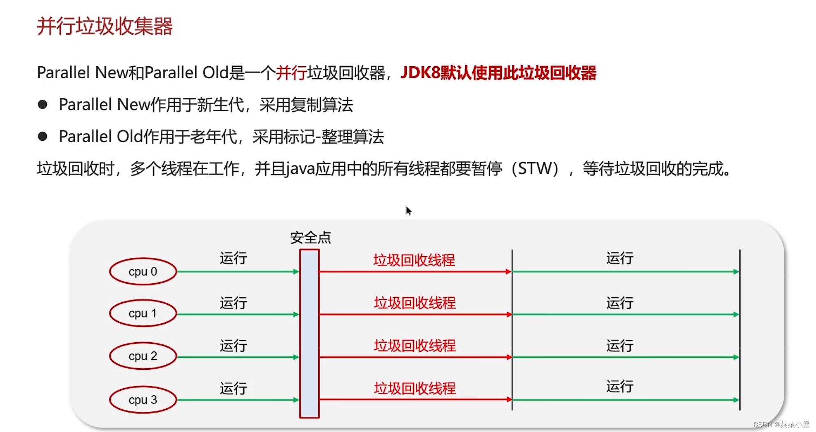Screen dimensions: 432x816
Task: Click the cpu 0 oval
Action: [x=143, y=271]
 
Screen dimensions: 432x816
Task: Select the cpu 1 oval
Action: [x=143, y=313]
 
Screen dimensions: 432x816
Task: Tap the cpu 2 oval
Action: [x=143, y=356]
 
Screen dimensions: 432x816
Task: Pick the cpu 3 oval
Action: [x=143, y=399]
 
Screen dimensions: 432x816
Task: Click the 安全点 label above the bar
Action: [x=311, y=238]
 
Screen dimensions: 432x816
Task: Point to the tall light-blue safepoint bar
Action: [x=309, y=334]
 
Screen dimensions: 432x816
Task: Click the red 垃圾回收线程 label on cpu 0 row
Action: [x=414, y=260]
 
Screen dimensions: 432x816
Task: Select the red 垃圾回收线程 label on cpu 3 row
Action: [x=415, y=388]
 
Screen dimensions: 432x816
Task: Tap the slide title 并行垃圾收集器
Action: [x=105, y=26]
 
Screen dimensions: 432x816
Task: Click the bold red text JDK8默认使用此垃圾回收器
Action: [x=498, y=73]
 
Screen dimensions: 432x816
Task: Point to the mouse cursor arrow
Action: [x=408, y=210]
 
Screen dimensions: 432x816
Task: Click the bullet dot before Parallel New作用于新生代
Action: [x=42, y=105]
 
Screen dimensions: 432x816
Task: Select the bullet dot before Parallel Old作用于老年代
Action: [x=42, y=136]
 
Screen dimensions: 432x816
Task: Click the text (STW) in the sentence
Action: [x=538, y=168]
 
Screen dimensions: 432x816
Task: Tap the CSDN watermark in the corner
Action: [x=781, y=424]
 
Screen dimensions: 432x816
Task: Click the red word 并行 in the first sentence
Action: [x=291, y=73]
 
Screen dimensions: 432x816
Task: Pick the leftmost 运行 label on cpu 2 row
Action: [x=233, y=346]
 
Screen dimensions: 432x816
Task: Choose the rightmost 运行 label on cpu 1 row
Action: [x=619, y=303]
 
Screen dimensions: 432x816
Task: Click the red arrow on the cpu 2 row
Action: [x=415, y=357]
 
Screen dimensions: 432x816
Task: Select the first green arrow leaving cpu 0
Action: [x=238, y=272]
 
